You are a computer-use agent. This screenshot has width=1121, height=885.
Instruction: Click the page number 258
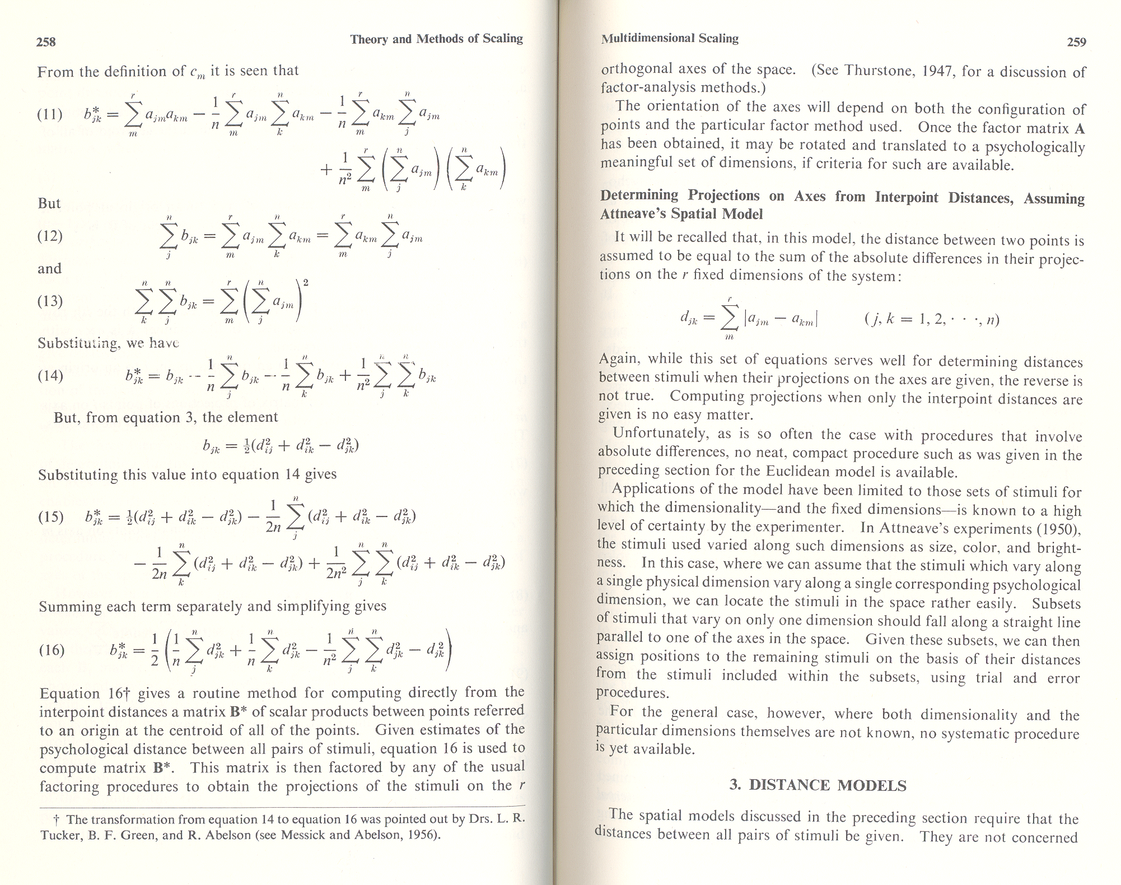(46, 41)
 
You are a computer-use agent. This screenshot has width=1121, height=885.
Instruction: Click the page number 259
(1076, 42)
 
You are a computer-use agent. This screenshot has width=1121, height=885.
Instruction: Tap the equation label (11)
(49, 115)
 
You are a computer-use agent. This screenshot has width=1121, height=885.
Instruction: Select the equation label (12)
(49, 236)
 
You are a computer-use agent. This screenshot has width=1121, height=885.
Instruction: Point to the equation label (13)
(49, 301)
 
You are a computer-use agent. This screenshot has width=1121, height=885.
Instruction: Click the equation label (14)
(49, 375)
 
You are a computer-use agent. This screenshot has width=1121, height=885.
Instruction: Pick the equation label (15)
(50, 516)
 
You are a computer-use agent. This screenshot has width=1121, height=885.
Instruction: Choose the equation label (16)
(52, 650)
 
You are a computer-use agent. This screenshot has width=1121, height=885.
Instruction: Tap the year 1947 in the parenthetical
(939, 71)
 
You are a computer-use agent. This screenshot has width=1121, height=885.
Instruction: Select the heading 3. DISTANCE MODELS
(818, 785)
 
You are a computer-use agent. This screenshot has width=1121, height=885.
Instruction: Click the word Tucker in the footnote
(59, 836)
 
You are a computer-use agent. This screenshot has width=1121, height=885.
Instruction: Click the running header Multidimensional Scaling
(670, 38)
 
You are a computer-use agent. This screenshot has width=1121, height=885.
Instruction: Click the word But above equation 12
(49, 203)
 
